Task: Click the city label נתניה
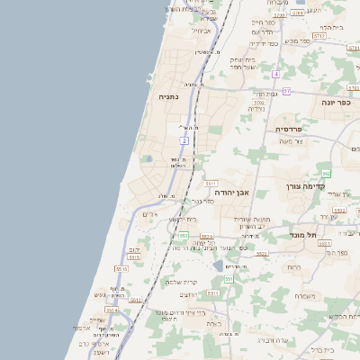coord(169,95)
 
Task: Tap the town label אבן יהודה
coord(231,192)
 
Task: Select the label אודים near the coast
coord(151,214)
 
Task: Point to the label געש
coord(100,294)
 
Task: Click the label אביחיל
coord(202,30)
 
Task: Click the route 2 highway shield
coord(184,140)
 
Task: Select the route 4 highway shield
coord(276,73)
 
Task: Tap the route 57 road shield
coord(286,91)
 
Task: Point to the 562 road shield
coord(326,173)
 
